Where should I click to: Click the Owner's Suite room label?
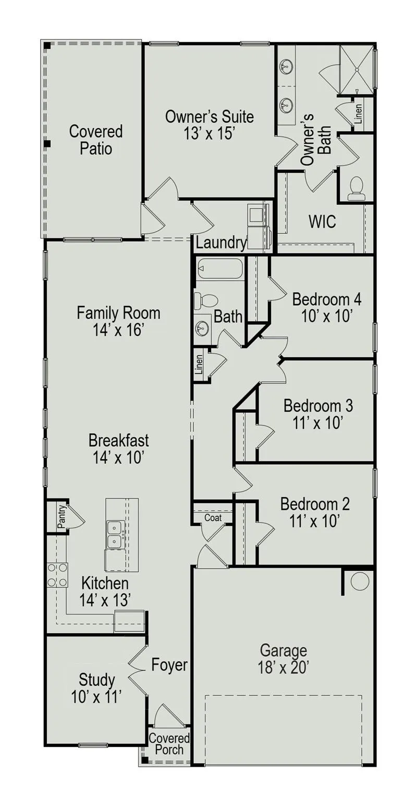(x=210, y=117)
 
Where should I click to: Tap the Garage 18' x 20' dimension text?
(x=284, y=667)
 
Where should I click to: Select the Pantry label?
(x=62, y=516)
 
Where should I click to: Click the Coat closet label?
(x=213, y=518)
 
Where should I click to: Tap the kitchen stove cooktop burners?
(x=57, y=574)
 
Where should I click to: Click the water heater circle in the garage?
(x=360, y=581)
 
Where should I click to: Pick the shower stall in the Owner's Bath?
(x=356, y=69)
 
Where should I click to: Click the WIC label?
(x=322, y=221)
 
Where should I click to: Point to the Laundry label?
(x=222, y=243)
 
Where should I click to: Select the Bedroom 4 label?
(x=327, y=299)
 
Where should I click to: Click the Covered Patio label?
(x=96, y=140)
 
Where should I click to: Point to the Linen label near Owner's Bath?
(x=359, y=113)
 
